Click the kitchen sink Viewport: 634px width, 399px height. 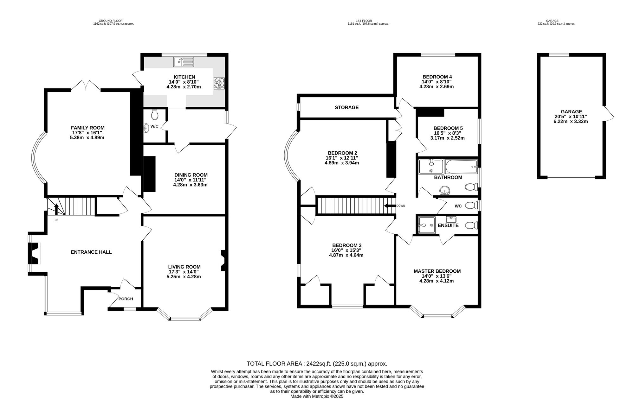(x=184, y=62)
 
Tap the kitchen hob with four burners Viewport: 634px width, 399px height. (x=219, y=83)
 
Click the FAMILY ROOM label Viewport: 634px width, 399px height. (x=88, y=128)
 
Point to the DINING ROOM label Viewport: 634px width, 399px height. (x=191, y=175)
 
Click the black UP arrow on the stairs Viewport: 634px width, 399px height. (x=56, y=209)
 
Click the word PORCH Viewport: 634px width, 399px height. (x=126, y=299)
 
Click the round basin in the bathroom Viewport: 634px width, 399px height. (x=445, y=191)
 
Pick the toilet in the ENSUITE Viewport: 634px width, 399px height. (x=471, y=225)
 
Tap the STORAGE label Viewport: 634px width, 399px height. (x=347, y=107)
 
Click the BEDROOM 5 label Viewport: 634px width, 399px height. (x=448, y=128)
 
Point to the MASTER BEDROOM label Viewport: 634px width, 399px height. (x=437, y=271)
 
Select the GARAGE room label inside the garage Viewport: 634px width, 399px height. (x=572, y=111)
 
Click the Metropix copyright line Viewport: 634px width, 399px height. (x=317, y=396)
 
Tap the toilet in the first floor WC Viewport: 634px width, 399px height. (x=471, y=206)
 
